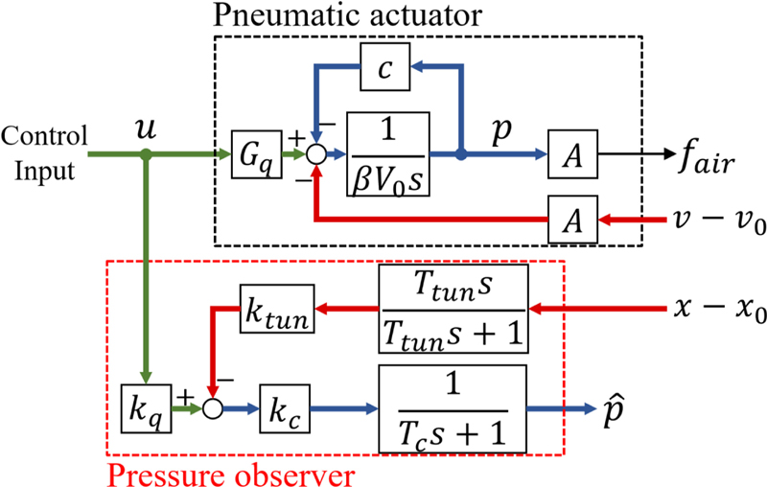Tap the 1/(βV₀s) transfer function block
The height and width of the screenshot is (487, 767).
pos(388,152)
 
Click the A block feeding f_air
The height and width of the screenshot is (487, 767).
pos(571,153)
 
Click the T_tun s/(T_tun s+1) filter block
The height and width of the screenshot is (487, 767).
pos(453,309)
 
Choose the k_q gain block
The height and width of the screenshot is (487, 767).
pos(143,407)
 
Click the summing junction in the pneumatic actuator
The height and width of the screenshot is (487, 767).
pos(315,153)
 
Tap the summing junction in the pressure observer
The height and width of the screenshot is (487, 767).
pos(210,407)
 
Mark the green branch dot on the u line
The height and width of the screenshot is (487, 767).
pos(144,153)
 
